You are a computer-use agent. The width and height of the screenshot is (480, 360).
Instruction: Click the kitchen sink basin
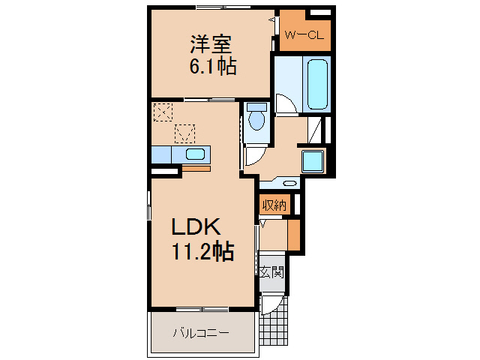[x=195, y=154]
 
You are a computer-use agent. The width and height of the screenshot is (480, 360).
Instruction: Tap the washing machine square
[x=312, y=160]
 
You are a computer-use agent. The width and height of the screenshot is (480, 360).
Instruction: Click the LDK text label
[x=196, y=226]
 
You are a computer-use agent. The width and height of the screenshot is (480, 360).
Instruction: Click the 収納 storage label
[x=274, y=204]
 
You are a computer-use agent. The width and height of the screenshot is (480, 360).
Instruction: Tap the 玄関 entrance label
[x=271, y=272]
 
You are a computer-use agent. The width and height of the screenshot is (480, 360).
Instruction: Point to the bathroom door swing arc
[x=285, y=104]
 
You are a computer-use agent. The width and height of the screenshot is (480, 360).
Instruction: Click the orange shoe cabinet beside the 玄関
[x=293, y=235]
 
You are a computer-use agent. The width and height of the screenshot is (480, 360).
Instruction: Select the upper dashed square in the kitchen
[x=162, y=112]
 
